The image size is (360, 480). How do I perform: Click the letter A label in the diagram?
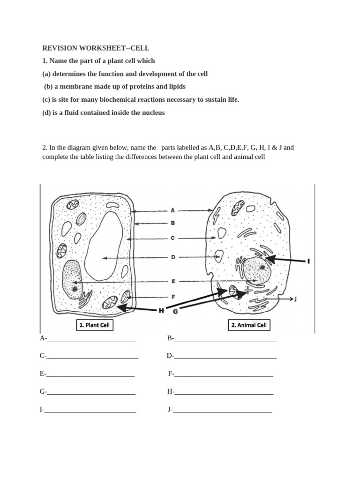[172, 211]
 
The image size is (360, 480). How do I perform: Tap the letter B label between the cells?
[172, 224]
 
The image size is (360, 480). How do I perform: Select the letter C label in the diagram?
[172, 238]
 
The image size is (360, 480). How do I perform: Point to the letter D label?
[172, 257]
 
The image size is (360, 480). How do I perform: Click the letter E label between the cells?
[172, 281]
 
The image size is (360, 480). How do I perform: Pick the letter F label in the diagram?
[172, 297]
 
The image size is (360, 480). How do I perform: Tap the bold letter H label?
[161, 310]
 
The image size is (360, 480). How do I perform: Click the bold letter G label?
[176, 311]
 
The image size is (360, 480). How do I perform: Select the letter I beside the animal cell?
[308, 261]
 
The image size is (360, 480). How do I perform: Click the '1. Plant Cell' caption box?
[95, 325]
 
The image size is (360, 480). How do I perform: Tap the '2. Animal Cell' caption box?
[249, 325]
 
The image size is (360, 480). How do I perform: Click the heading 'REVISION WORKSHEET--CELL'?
[96, 48]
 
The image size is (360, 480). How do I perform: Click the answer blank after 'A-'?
[91, 338]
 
